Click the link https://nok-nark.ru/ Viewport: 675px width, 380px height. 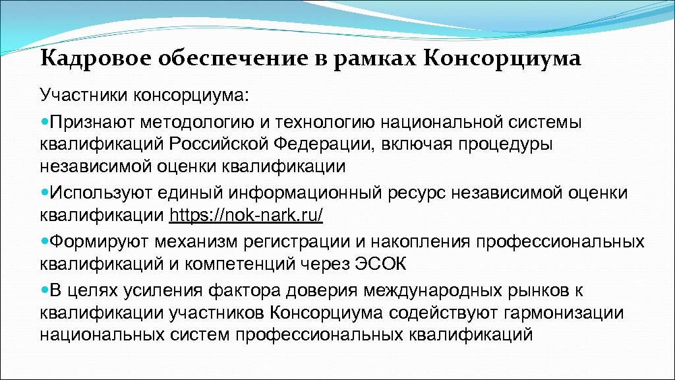(x=247, y=216)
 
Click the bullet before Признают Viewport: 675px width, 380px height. (x=44, y=121)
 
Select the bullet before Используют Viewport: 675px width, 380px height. (x=44, y=193)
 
